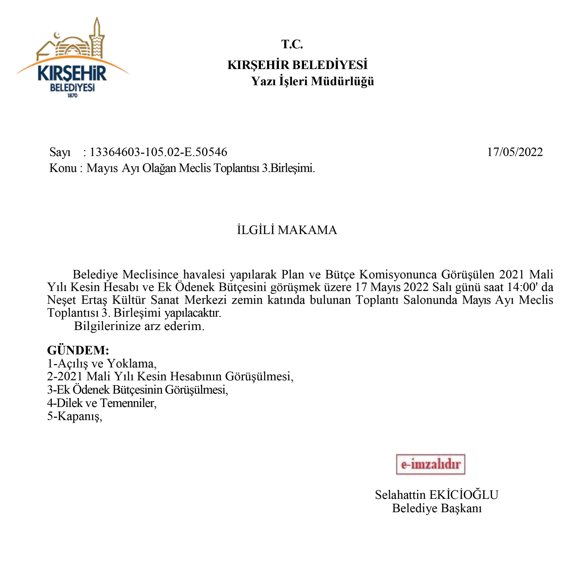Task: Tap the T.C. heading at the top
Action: tap(292, 44)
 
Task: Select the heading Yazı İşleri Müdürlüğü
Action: tap(312, 81)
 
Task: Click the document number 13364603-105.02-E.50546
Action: tap(158, 152)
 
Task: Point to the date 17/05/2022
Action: tap(515, 152)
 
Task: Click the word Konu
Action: tap(63, 168)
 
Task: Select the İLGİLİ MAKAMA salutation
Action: tap(287, 230)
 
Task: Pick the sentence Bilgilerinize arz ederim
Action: tap(139, 326)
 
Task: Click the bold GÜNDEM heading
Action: tap(78, 350)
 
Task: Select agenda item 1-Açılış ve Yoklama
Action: tap(102, 363)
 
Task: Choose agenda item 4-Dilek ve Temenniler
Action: tap(102, 403)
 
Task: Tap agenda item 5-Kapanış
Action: tap(74, 416)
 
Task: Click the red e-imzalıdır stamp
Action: tap(430, 464)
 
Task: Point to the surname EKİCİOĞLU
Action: tap(463, 495)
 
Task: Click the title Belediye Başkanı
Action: tap(437, 508)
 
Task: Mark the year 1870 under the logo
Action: tap(72, 96)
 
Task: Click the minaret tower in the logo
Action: tap(97, 37)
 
